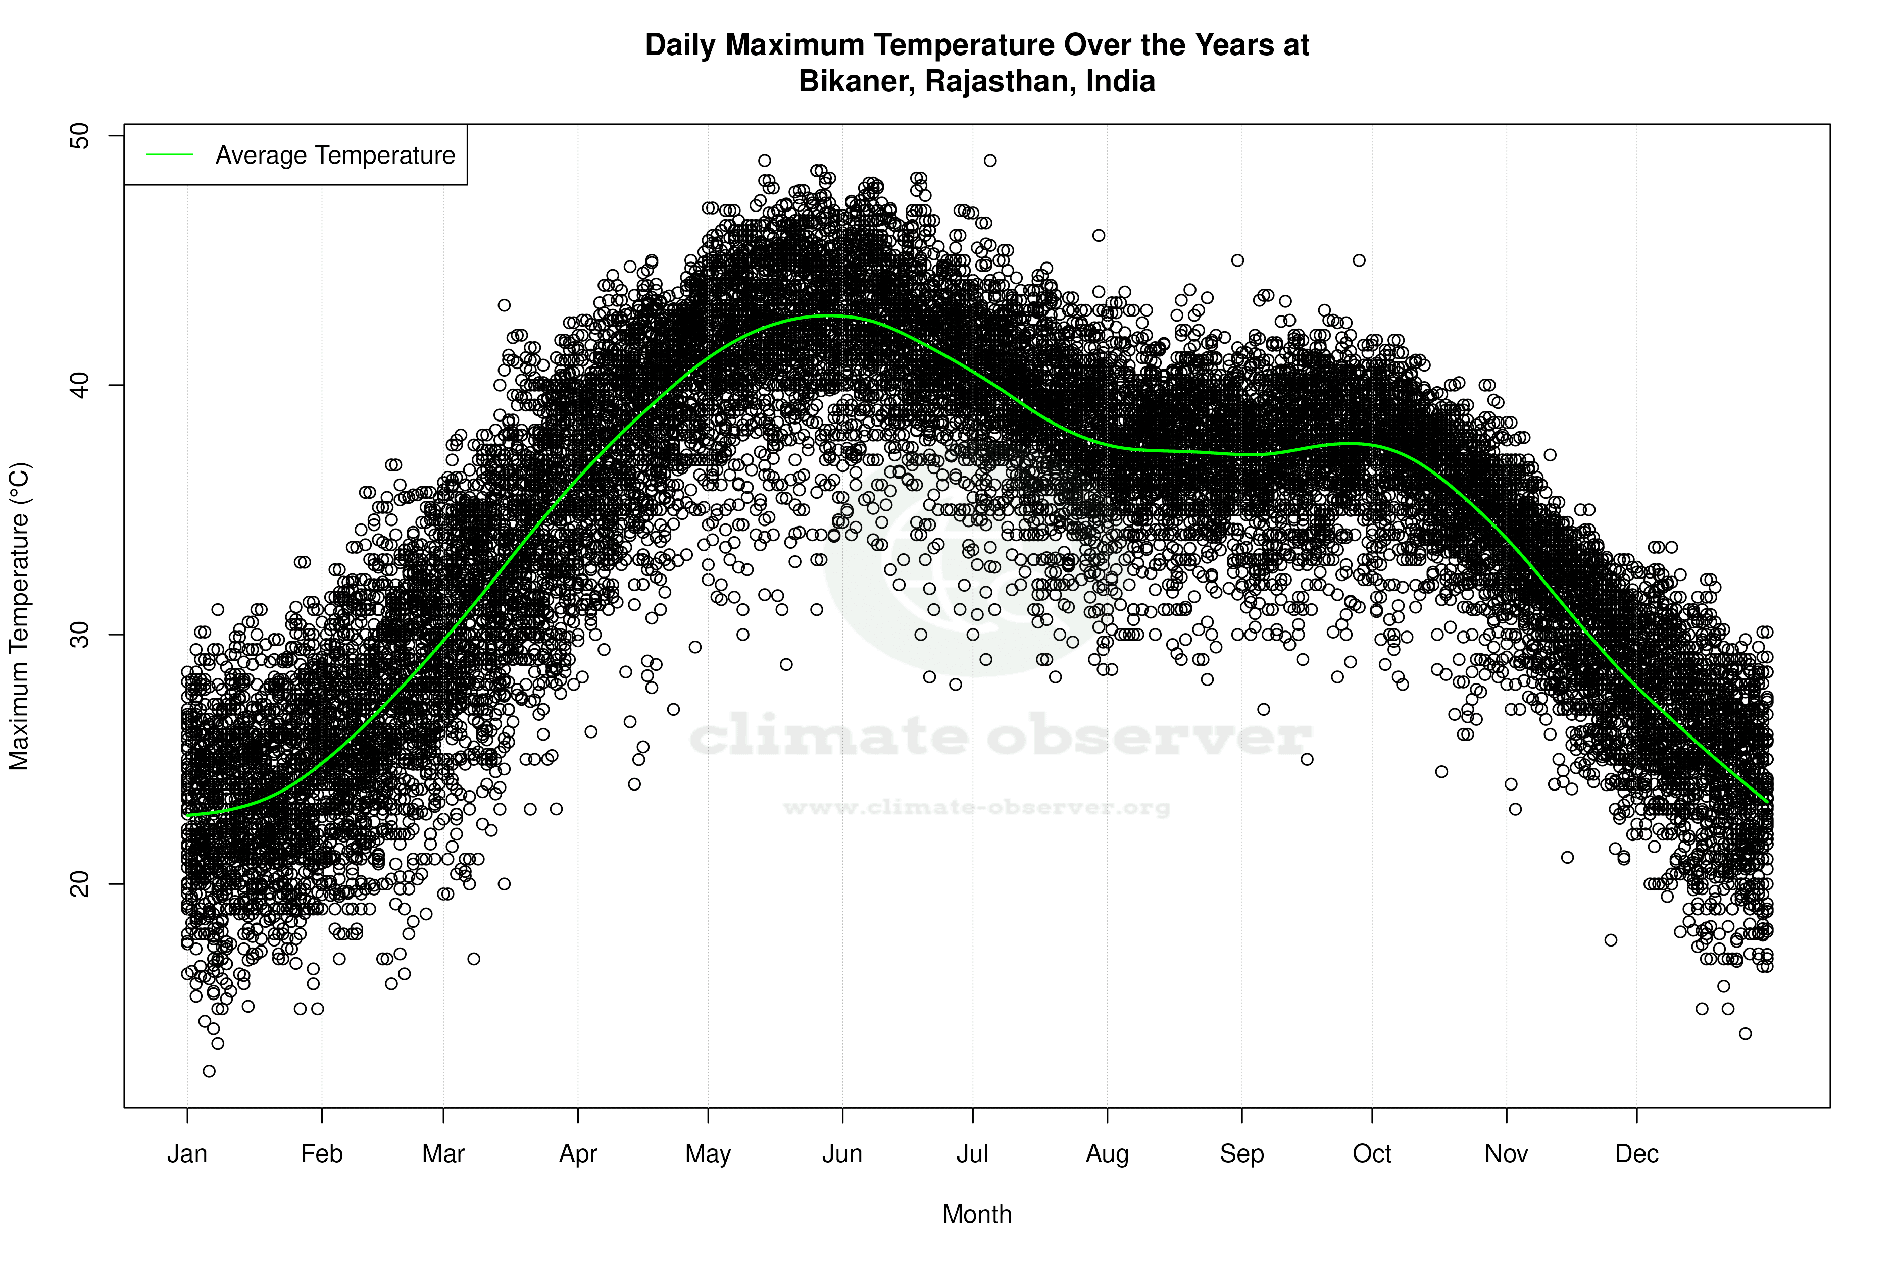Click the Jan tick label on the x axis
click(187, 1154)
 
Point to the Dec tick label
click(1636, 1154)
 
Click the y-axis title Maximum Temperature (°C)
click(19, 616)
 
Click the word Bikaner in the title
click(855, 81)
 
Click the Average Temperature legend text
click(335, 155)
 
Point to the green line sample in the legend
click(170, 154)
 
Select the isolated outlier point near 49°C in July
click(990, 160)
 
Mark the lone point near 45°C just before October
click(1359, 260)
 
